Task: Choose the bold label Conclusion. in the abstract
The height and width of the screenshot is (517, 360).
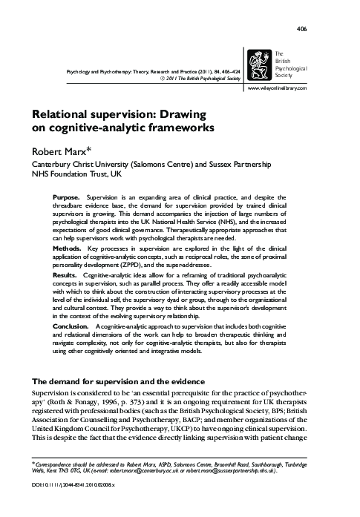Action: (x=71, y=347)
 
